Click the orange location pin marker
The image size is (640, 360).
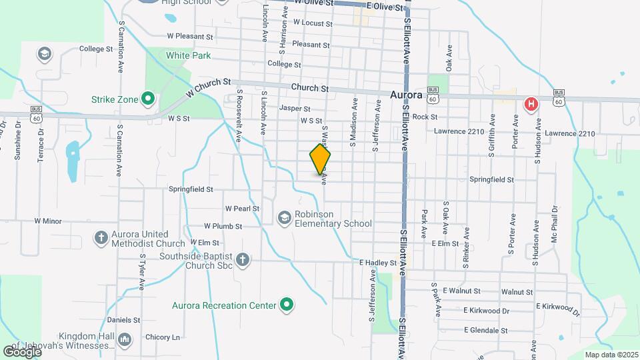321,159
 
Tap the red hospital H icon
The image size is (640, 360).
531,103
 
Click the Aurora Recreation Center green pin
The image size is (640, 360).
287,305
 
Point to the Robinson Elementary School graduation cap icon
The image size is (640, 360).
285,218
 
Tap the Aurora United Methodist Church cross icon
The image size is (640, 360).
101,237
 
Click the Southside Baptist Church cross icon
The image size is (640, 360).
243,260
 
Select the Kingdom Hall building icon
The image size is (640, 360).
124,340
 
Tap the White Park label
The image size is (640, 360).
188,55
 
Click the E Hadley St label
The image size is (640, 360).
378,263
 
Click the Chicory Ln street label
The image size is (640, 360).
162,337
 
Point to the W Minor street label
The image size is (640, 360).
48,221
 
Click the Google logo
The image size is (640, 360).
22,351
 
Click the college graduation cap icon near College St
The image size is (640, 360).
45,53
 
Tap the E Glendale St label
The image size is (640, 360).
485,330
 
